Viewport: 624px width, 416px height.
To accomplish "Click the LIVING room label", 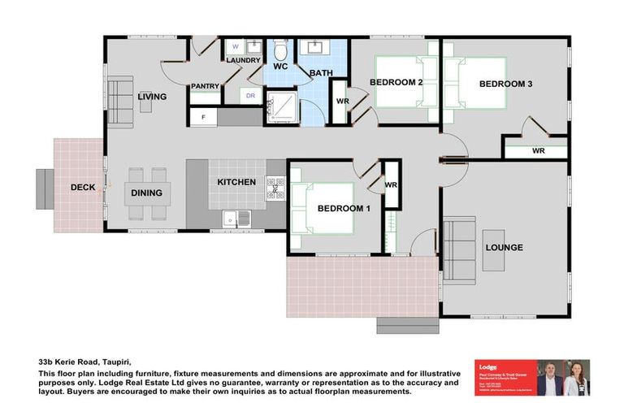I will pos(152,97).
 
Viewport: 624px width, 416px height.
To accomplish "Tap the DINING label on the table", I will pos(147,193).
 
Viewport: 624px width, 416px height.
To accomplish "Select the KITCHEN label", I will pos(236,182).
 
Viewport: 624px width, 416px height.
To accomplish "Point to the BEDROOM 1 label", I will pos(344,208).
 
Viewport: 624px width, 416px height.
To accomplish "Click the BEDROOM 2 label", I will pos(396,82).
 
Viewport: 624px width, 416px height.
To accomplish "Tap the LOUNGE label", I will pos(504,247).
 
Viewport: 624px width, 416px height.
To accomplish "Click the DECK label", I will pos(83,188).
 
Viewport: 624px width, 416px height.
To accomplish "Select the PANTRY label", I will pos(206,86).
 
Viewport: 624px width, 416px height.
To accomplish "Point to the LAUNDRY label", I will pos(243,61).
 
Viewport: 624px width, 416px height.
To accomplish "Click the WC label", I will pos(281,66).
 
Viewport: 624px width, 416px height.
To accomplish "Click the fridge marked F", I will pos(203,118).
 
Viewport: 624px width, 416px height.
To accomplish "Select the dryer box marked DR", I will pos(250,96).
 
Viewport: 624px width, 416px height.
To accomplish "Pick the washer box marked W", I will pos(236,46).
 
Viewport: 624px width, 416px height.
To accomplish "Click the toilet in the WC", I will pos(280,47).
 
